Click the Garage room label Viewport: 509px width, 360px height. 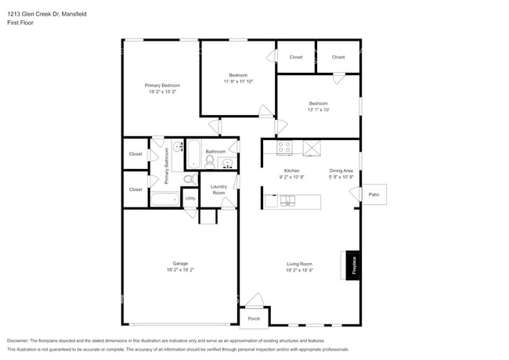(180, 263)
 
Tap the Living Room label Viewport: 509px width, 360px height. (299, 263)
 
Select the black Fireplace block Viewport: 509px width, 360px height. (352, 265)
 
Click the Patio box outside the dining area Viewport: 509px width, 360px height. (374, 194)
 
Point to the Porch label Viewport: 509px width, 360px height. (254, 319)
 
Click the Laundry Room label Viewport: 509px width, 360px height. (218, 189)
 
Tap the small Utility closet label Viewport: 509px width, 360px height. (190, 198)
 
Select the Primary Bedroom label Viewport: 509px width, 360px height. (162, 85)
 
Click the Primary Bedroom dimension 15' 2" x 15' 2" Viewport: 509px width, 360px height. (162, 92)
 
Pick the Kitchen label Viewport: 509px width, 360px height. (291, 170)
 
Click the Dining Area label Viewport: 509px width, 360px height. (341, 170)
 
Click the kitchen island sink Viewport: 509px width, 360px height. (288, 200)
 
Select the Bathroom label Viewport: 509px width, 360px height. (215, 151)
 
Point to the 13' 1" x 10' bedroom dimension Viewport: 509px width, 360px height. (318, 110)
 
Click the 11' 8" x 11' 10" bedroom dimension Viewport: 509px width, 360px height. (239, 81)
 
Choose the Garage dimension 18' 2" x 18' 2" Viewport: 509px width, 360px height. (180, 270)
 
